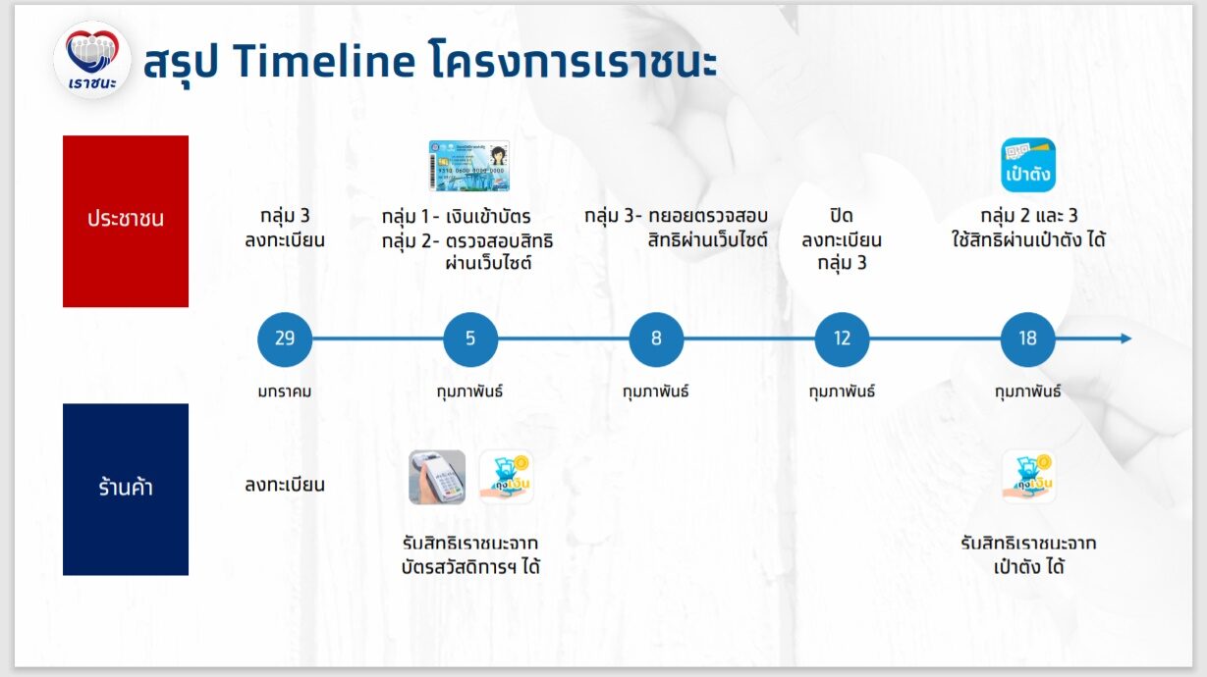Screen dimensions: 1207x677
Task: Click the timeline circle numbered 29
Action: tap(285, 339)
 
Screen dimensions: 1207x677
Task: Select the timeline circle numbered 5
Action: tap(470, 339)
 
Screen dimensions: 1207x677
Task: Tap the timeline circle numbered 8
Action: tap(656, 339)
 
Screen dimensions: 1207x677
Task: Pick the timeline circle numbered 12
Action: tap(842, 339)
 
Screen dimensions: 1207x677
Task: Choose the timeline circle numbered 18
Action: tap(1027, 339)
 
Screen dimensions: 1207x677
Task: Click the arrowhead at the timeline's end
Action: tap(1126, 338)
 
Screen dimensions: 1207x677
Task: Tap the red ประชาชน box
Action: tap(126, 221)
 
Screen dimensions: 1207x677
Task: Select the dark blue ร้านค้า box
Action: tap(126, 490)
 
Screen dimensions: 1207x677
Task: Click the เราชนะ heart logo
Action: tap(92, 59)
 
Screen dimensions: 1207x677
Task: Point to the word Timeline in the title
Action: tap(324, 60)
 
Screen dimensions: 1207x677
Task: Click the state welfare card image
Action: tap(469, 166)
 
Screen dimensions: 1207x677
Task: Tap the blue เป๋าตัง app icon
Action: tap(1028, 165)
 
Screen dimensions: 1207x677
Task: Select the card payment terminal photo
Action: tap(437, 478)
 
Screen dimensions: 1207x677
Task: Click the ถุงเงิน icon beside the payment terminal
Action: tap(506, 478)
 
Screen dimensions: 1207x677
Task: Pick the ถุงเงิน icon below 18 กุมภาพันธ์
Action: tap(1028, 478)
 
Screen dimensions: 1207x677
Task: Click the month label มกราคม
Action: tap(285, 391)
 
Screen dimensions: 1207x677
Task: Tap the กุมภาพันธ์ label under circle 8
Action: tap(656, 391)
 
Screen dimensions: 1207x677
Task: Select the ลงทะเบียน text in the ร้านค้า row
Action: tap(285, 485)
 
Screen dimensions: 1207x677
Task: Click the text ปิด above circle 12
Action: tap(842, 216)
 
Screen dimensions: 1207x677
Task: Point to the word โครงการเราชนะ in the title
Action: tap(574, 60)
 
